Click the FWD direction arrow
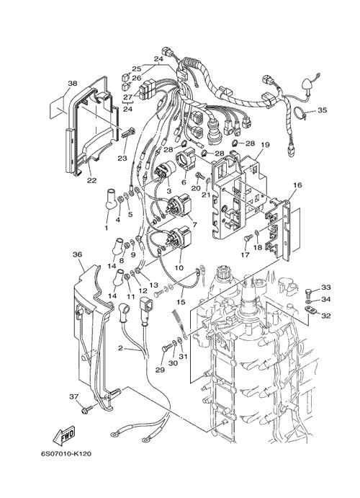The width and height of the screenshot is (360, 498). pos(64,434)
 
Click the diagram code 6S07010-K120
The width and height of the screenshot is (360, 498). pos(66,454)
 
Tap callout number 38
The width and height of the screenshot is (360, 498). pos(72,84)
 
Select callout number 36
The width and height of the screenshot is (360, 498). pos(77,254)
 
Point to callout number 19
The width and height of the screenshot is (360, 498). pos(265,145)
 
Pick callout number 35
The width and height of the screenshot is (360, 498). pos(322,110)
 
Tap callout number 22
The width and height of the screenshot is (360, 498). pos(91,180)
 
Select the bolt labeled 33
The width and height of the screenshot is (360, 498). pos(309,291)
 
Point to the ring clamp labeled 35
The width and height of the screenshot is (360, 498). pos(302,113)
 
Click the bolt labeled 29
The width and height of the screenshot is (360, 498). pos(166,349)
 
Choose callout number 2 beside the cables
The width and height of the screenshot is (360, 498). pos(120,348)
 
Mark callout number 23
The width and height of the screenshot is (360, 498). pos(122,158)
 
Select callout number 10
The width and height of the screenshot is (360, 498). pos(179,268)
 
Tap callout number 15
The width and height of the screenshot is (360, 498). pos(181,302)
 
